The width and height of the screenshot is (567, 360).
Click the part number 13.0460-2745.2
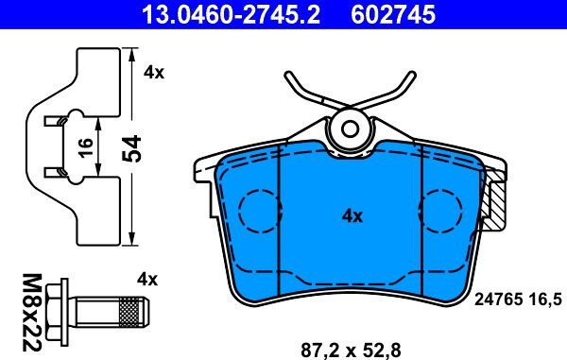(x=231, y=14)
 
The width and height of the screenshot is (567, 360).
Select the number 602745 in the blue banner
(x=393, y=14)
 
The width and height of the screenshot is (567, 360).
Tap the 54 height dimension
(x=131, y=148)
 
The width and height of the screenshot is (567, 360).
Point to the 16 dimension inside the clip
(x=86, y=147)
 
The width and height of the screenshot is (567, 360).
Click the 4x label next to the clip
(x=154, y=73)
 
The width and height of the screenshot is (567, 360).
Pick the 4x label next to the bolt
(x=147, y=280)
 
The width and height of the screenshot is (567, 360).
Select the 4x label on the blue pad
(x=352, y=216)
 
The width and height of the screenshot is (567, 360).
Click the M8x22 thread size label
(x=32, y=313)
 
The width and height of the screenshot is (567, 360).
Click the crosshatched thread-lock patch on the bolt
(x=129, y=312)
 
